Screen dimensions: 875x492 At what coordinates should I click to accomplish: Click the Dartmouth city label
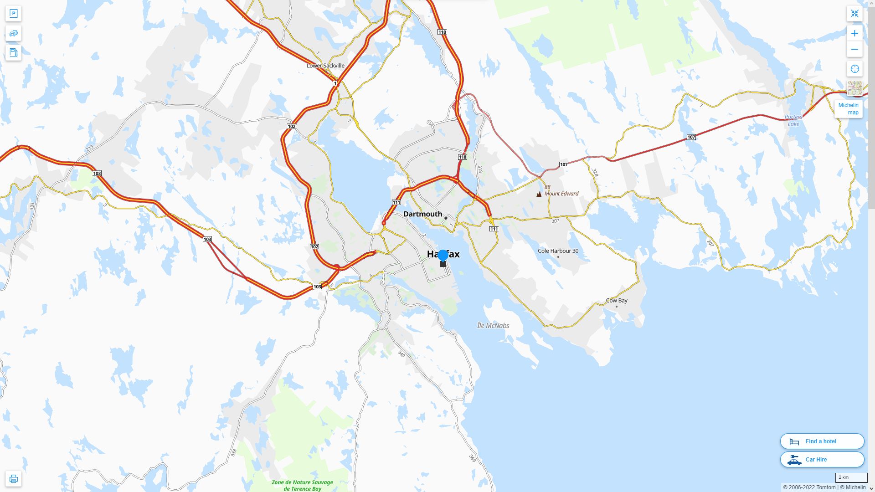pyautogui.click(x=422, y=214)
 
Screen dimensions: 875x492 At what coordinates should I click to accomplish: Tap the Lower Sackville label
pyautogui.click(x=325, y=66)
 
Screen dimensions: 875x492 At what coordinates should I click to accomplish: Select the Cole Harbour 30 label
pyautogui.click(x=558, y=251)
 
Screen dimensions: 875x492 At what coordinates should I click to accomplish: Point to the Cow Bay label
pyautogui.click(x=616, y=301)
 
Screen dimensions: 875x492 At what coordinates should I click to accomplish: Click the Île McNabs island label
pyautogui.click(x=493, y=326)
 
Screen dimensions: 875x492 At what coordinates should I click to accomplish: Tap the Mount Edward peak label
pyautogui.click(x=561, y=194)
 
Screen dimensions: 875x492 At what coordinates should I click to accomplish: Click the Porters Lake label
pyautogui.click(x=793, y=121)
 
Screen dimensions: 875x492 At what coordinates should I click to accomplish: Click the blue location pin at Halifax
pyautogui.click(x=443, y=256)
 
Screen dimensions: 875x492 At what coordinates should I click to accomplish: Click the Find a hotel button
pyautogui.click(x=822, y=441)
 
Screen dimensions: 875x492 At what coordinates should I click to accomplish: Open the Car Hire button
pyautogui.click(x=822, y=460)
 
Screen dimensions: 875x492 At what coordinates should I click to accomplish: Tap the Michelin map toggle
pyautogui.click(x=848, y=109)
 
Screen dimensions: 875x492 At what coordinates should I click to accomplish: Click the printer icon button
pyautogui.click(x=13, y=479)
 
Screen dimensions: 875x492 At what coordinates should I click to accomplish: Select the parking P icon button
pyautogui.click(x=13, y=14)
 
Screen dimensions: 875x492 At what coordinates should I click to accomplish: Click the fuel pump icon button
pyautogui.click(x=13, y=53)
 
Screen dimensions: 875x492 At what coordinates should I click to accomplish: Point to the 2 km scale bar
pyautogui.click(x=851, y=478)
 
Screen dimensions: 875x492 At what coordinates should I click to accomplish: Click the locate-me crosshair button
pyautogui.click(x=854, y=69)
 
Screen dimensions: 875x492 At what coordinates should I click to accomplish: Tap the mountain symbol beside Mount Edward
pyautogui.click(x=539, y=194)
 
